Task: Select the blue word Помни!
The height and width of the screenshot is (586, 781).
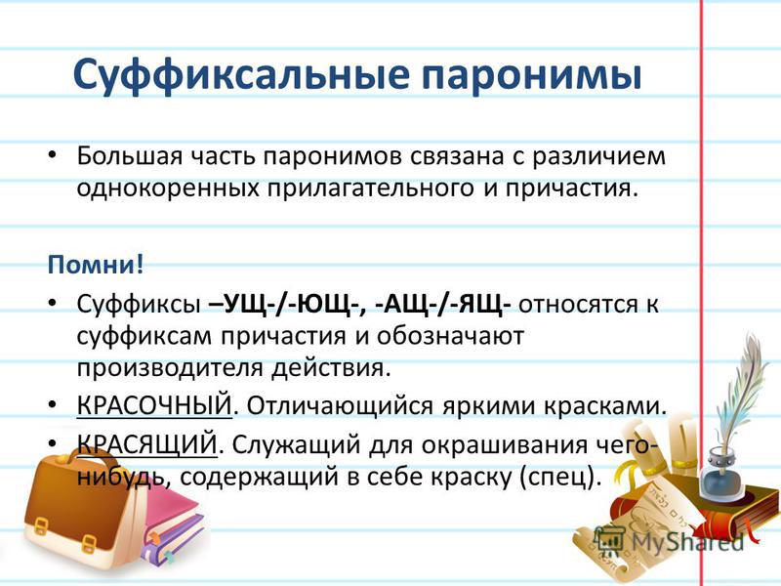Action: tap(95, 264)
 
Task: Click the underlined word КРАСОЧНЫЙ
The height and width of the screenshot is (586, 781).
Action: tap(154, 405)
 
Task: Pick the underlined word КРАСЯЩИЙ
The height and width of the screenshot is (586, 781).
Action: tap(147, 443)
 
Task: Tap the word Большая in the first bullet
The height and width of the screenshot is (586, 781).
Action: tap(130, 156)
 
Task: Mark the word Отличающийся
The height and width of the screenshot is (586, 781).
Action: tap(340, 406)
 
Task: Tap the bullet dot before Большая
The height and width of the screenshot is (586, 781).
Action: tap(53, 155)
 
